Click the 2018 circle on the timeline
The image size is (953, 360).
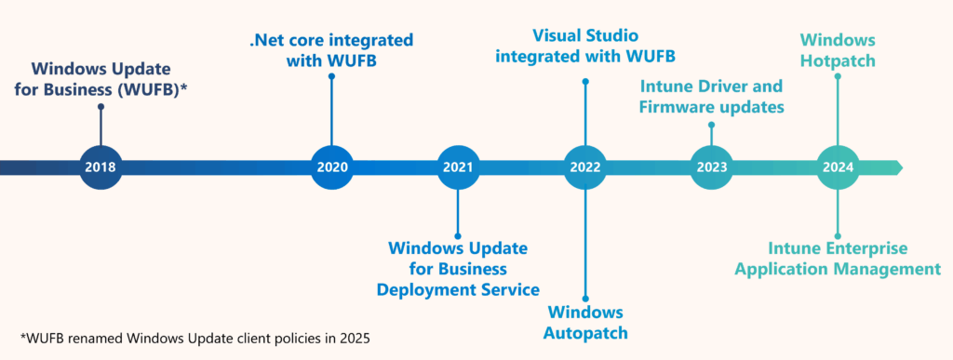[101, 167]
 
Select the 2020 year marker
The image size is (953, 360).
[332, 167]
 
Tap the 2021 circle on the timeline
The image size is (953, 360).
[458, 167]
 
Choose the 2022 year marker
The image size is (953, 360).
[585, 167]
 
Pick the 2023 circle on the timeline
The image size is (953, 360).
[712, 167]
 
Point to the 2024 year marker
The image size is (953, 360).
[838, 167]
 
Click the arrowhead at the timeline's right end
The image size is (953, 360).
[894, 167]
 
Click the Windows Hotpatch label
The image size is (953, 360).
[838, 49]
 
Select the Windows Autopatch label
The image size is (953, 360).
[585, 322]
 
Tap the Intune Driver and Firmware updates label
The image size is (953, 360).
[712, 97]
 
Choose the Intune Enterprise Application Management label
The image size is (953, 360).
[838, 259]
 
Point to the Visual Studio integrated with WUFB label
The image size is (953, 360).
[585, 45]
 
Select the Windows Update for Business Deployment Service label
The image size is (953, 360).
[458, 269]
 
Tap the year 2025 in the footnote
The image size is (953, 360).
[355, 338]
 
